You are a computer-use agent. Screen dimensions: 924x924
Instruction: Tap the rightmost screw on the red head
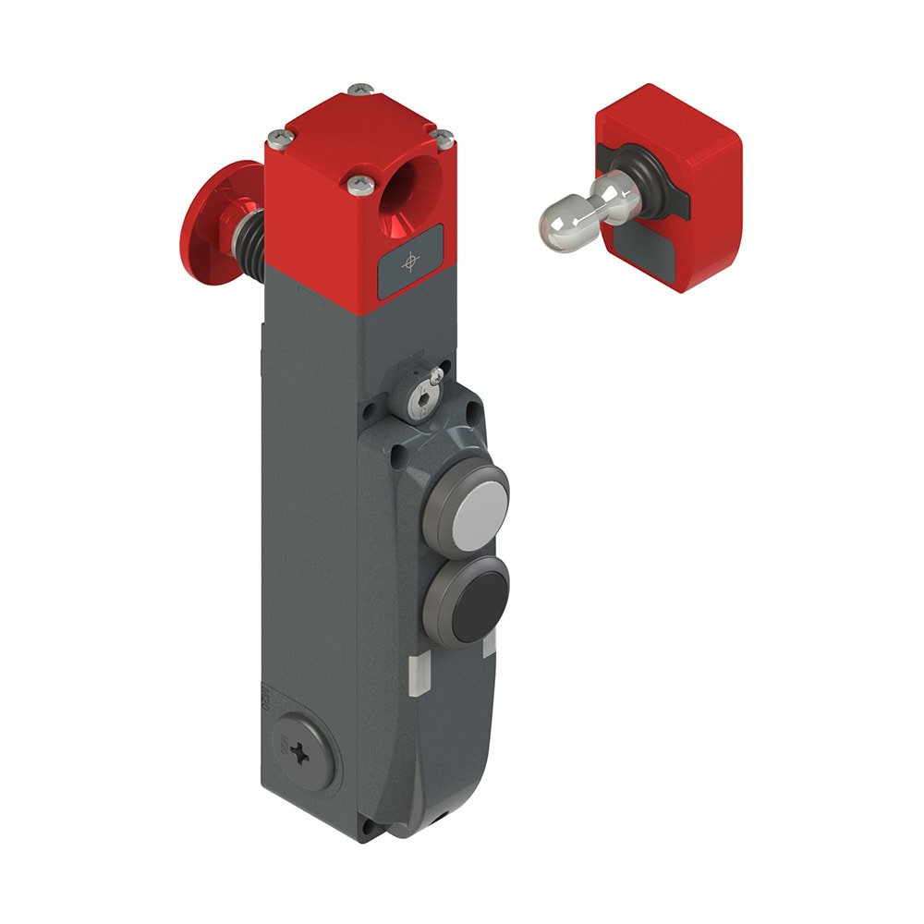(444, 140)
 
